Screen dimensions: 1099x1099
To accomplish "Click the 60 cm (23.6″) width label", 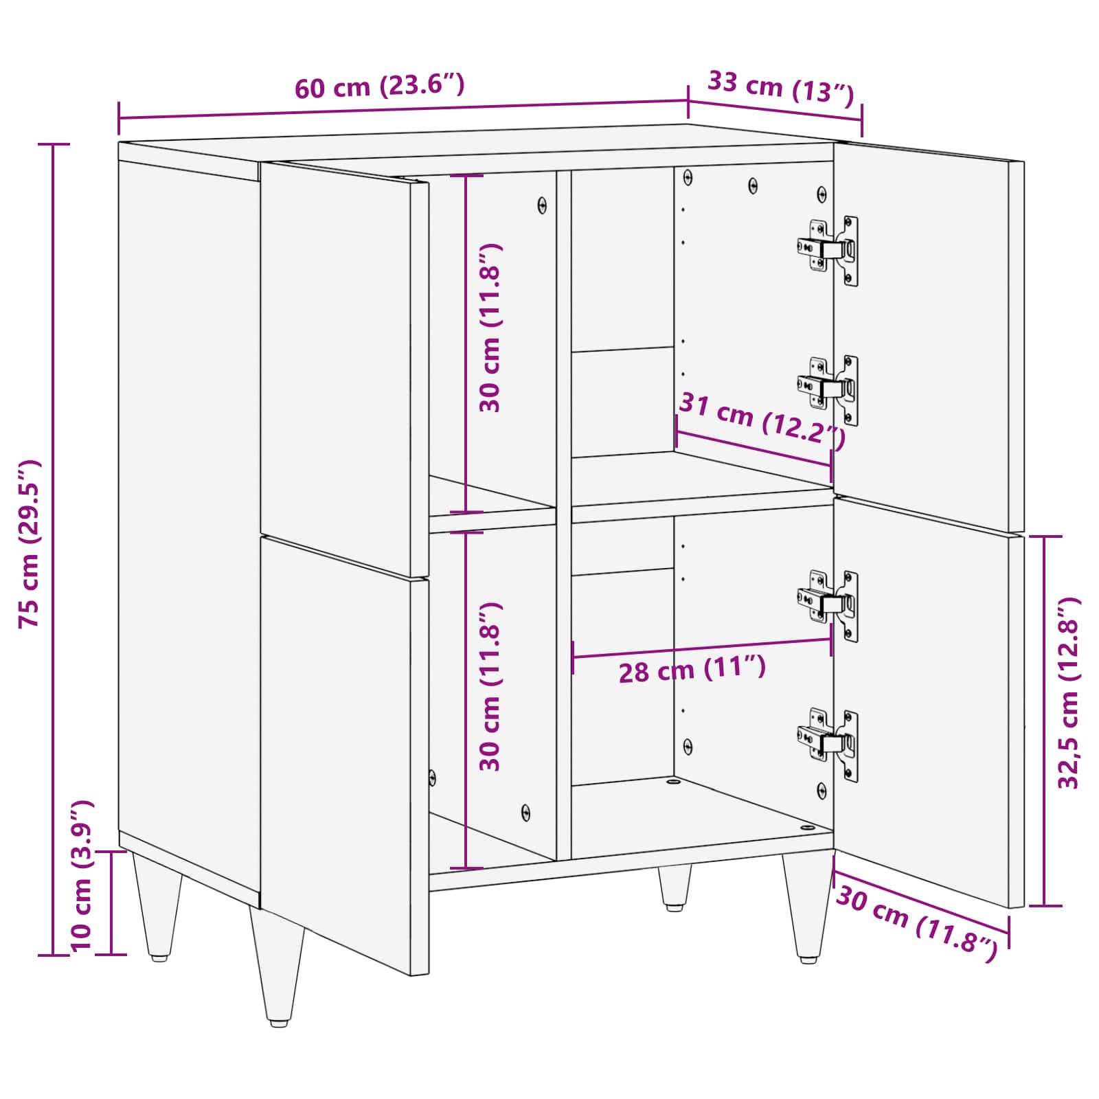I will (x=380, y=86).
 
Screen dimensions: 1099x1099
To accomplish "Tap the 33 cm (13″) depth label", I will (x=780, y=87).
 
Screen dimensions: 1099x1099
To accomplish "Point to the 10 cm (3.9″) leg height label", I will (x=81, y=875).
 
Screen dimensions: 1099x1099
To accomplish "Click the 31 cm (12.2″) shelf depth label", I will (x=761, y=420).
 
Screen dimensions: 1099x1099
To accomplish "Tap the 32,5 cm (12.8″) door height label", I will (x=1069, y=693).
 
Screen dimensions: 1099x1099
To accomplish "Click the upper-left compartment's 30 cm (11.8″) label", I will (x=490, y=328).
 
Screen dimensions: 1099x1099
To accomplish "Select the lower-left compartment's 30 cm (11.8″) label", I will (x=490, y=687).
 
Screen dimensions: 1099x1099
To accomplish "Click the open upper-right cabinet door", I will (x=927, y=337).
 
